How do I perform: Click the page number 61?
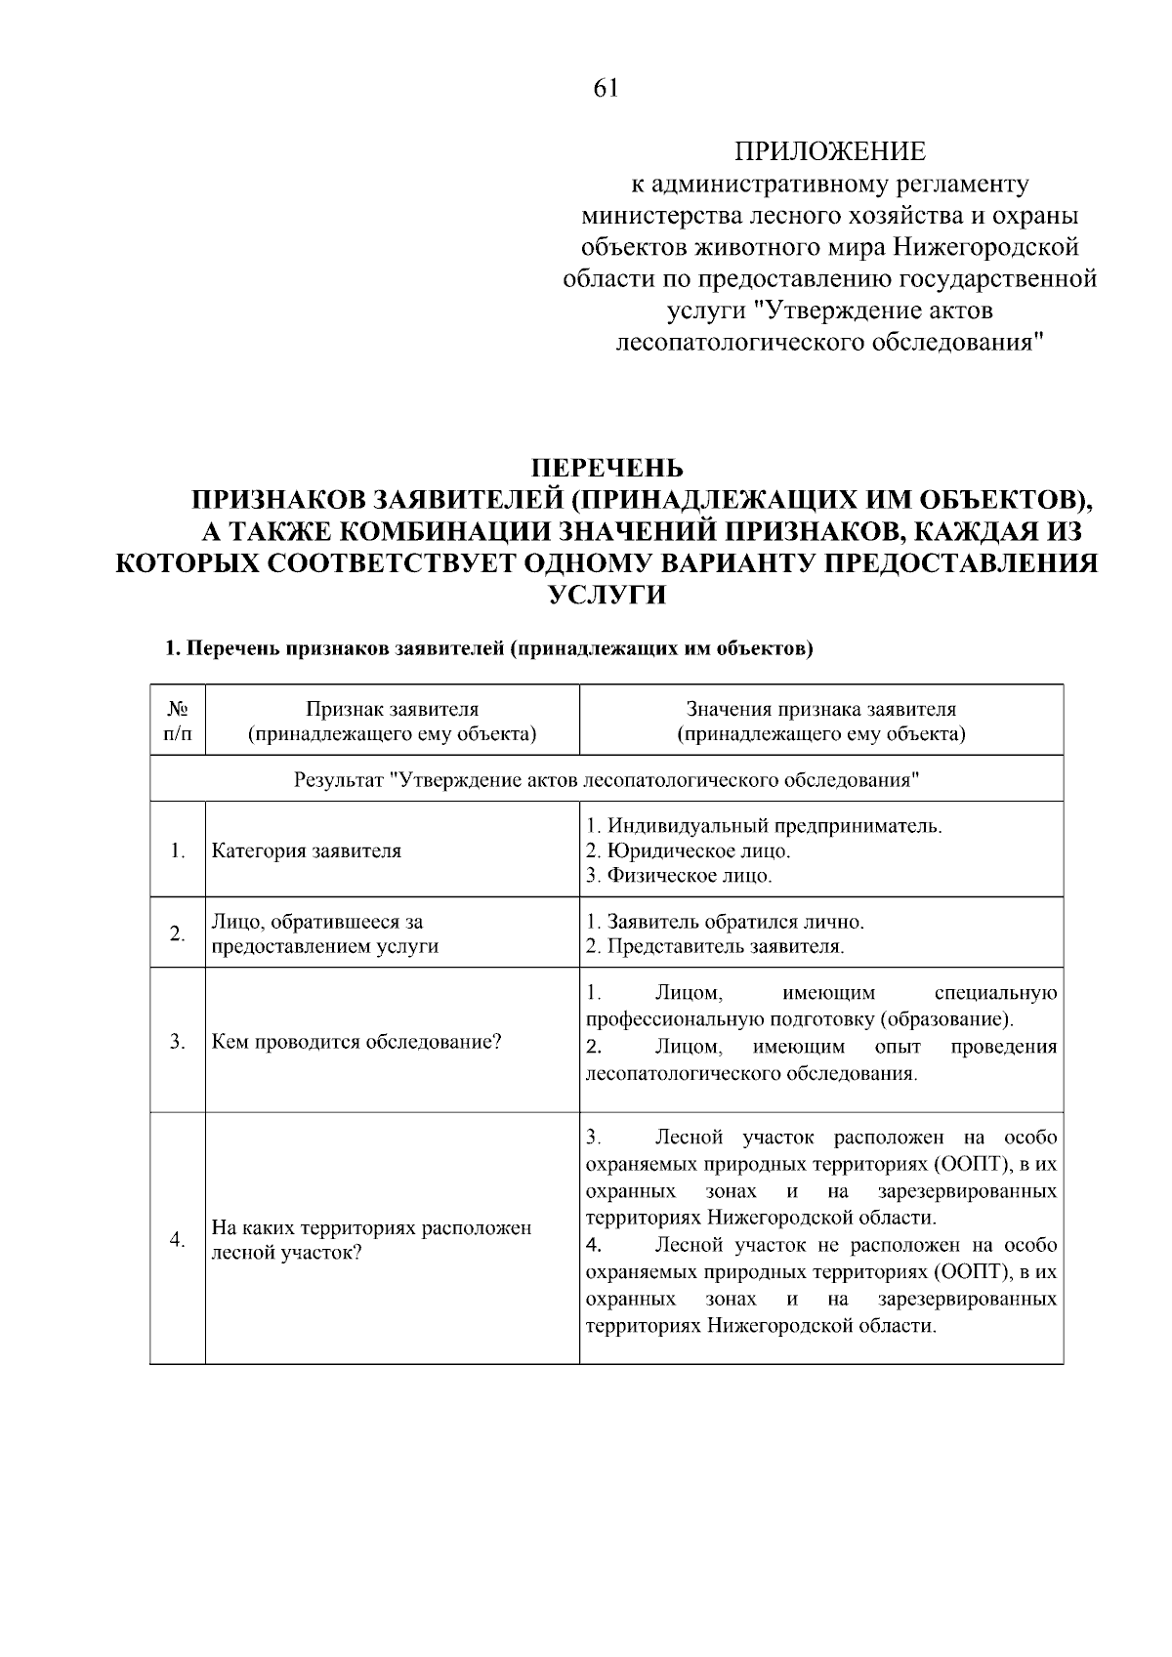pos(606,89)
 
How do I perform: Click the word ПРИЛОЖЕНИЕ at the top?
pos(829,152)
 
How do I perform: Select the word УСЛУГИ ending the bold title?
pos(606,595)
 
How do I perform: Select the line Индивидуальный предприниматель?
pos(764,826)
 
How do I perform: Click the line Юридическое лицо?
pos(688,850)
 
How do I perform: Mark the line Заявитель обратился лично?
pos(725,922)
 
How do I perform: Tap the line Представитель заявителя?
pos(715,946)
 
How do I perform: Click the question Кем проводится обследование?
pos(356,1042)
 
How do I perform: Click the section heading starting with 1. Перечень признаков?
pos(488,648)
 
